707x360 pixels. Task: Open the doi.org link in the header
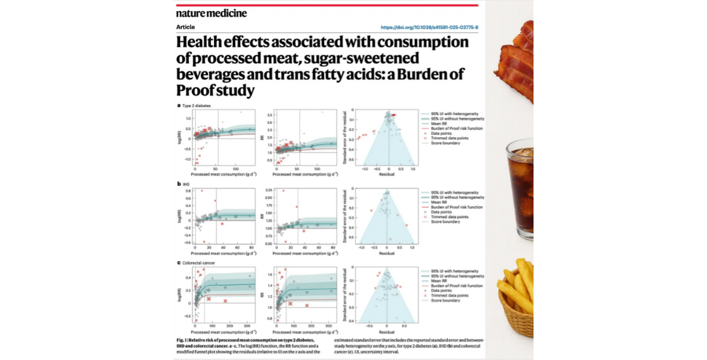click(x=429, y=27)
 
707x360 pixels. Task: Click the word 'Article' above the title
click(x=185, y=27)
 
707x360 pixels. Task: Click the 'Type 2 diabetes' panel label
click(x=198, y=105)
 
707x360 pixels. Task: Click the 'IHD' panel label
click(x=186, y=185)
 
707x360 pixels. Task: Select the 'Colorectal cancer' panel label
click(x=202, y=263)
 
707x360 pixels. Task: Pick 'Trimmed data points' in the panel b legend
click(x=449, y=217)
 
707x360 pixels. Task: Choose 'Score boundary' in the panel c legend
click(x=445, y=300)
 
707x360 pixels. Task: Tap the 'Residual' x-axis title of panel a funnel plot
click(x=388, y=175)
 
